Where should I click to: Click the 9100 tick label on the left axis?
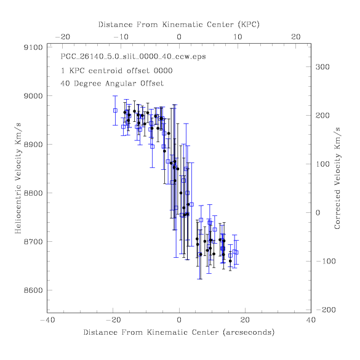click(x=33, y=47)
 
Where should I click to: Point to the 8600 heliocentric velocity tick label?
click(x=33, y=290)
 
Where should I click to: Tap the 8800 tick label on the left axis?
click(x=33, y=193)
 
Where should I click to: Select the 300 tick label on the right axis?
click(x=322, y=67)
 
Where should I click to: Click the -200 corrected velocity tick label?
click(x=326, y=310)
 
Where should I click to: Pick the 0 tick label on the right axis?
click(x=318, y=212)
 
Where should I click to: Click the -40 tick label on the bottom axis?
click(x=47, y=320)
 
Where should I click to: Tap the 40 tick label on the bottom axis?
click(x=311, y=320)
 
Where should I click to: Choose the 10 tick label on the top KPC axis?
click(x=238, y=37)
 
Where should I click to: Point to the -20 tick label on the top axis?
click(x=62, y=37)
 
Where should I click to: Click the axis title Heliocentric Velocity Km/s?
click(x=18, y=178)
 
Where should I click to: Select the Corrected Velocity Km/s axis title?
click(x=337, y=178)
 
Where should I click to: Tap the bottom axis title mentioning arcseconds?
click(x=179, y=332)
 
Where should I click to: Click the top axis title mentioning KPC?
click(x=179, y=25)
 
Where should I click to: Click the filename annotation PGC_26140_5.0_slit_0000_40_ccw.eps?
click(x=133, y=57)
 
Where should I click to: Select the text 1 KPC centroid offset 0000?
click(x=117, y=71)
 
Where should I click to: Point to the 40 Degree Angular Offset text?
click(x=112, y=83)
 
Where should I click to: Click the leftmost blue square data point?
click(x=115, y=110)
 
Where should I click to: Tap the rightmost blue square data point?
click(x=236, y=252)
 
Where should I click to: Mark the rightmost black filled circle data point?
click(x=230, y=261)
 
